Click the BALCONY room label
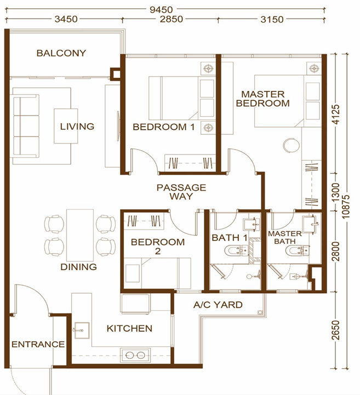[x=61, y=53]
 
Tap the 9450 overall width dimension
[x=161, y=10]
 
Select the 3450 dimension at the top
[x=66, y=19]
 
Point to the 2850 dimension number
[x=172, y=19]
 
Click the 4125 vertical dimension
[x=336, y=114]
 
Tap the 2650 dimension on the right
[x=336, y=330]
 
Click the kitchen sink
[x=82, y=330]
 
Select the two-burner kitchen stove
[x=135, y=355]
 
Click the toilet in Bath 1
[x=236, y=251]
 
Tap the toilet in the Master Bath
[x=297, y=251]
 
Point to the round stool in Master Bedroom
[x=291, y=145]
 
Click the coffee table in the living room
[x=66, y=126]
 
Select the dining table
[x=80, y=235]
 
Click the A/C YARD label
[x=218, y=305]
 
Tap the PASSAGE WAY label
[x=181, y=192]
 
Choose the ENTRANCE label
[x=38, y=345]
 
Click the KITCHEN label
[x=129, y=329]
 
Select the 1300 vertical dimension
[x=336, y=192]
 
